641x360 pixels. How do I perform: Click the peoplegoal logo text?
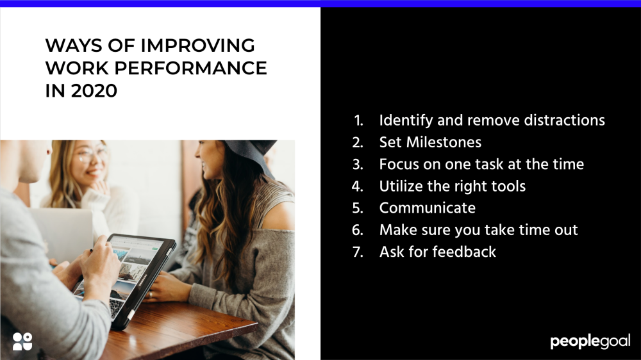coord(590,341)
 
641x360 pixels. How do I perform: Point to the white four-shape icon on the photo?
coord(22,341)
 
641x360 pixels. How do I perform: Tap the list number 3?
coord(358,164)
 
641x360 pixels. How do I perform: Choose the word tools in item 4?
coord(507,186)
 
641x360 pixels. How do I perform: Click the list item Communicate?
coord(427,208)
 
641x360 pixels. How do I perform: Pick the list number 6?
coord(358,230)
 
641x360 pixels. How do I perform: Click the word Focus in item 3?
coord(398,164)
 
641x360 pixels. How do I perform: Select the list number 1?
coord(358,120)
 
